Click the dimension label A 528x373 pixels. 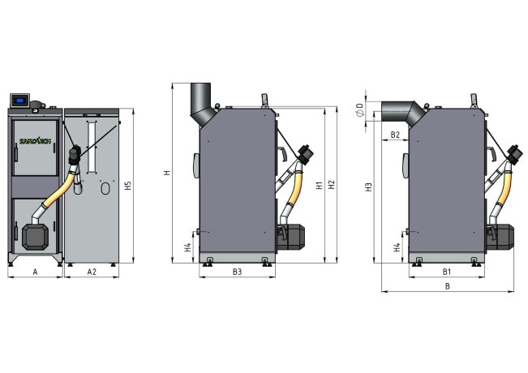click(35, 272)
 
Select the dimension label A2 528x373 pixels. click(92, 272)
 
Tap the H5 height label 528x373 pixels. click(129, 186)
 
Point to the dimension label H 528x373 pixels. click(166, 172)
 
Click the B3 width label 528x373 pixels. click(236, 272)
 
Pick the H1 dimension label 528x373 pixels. click(319, 185)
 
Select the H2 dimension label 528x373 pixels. click(331, 185)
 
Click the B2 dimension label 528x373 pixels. click(395, 134)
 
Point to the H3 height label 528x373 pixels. click(368, 186)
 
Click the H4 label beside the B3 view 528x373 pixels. click(188, 247)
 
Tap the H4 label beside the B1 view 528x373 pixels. click(397, 247)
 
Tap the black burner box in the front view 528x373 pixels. click(34, 236)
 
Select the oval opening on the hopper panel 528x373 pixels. click(105, 188)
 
